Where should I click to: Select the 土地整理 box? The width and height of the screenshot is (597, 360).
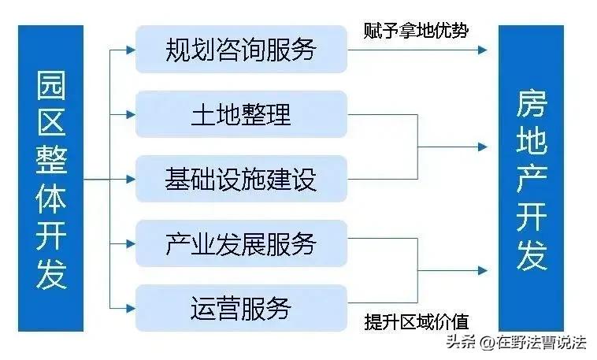pos(241,114)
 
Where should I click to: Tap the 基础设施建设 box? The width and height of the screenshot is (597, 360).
pos(241,179)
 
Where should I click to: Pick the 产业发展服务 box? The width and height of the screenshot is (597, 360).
pos(241,243)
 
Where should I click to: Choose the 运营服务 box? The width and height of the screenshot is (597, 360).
pos(241,307)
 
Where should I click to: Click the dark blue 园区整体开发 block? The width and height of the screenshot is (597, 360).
pos(51,179)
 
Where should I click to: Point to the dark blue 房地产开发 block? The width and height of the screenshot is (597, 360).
pos(532,179)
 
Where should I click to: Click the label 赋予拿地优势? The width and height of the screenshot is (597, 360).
pos(416,30)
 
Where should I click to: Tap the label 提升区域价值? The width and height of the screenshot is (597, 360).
pos(416,321)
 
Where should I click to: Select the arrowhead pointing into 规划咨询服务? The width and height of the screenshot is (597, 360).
pos(129,50)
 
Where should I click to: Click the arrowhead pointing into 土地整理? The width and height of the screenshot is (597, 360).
pos(129,114)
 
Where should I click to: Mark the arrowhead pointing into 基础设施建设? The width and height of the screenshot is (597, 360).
pos(129,179)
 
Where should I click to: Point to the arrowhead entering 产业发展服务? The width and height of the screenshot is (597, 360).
pos(129,243)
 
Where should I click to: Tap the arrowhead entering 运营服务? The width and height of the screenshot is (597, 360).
pos(129,307)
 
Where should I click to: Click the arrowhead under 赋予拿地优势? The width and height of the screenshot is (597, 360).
pos(481,50)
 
